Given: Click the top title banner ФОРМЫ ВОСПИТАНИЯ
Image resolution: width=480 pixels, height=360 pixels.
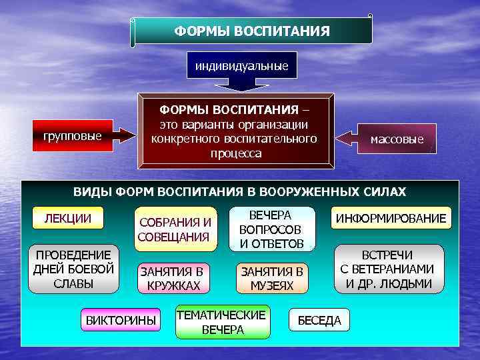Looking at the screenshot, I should (252, 31).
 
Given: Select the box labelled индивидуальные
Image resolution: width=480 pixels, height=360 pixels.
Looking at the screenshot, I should (241, 66).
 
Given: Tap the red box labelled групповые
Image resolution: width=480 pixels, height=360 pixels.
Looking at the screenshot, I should (72, 136).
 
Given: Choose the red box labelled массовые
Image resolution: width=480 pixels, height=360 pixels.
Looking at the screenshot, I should (397, 139).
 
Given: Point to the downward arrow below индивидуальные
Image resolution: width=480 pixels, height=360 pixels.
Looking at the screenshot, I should (241, 83).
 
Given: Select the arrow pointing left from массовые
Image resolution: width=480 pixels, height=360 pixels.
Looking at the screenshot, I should (345, 139).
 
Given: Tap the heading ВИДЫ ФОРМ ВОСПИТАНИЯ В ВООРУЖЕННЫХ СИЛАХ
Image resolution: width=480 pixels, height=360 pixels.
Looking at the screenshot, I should (239, 192).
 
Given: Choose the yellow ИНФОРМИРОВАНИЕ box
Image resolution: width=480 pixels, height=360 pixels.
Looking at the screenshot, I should (391, 219).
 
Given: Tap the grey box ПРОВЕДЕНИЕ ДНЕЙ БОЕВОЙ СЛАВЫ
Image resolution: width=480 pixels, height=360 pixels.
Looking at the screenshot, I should (73, 269).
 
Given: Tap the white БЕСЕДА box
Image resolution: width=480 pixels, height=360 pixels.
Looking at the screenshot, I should (319, 321).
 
